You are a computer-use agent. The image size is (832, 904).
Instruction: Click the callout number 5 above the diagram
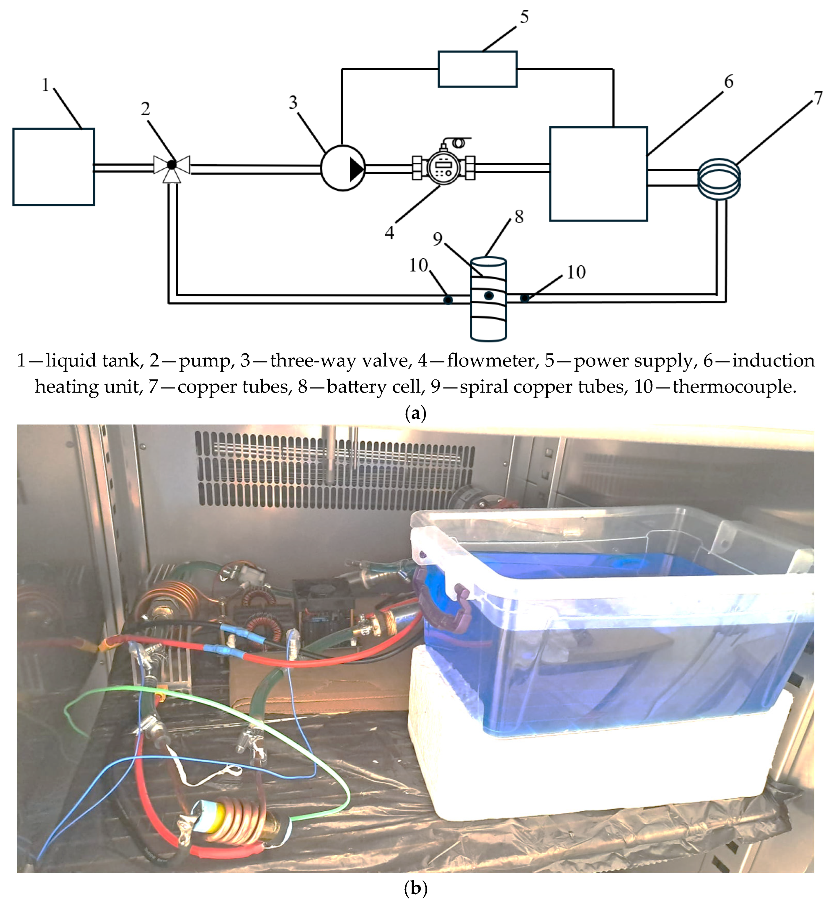coord(524,17)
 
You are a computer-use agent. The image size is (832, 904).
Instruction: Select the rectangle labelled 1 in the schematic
coord(54,167)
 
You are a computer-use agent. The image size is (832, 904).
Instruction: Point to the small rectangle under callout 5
coord(477,69)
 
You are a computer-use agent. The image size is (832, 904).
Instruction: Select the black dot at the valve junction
coord(171,165)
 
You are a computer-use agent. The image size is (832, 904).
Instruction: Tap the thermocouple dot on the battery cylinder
coord(489,296)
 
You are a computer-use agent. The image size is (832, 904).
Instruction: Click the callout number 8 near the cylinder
coord(519,217)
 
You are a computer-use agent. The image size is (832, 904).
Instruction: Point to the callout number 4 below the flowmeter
coord(389,233)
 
